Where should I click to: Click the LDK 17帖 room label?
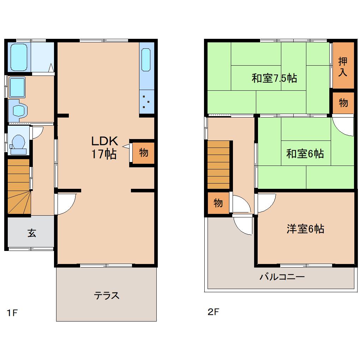point(104,148)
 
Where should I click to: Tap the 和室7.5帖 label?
point(274,78)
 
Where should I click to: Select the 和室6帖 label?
point(305,154)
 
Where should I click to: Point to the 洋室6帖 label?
point(305,229)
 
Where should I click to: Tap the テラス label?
point(106,295)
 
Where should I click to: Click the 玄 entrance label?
point(32,233)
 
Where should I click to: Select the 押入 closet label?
point(343,66)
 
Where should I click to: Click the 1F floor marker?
point(12,313)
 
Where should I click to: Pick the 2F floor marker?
point(214,312)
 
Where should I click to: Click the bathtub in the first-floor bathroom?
point(19,57)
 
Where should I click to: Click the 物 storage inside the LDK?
point(143,153)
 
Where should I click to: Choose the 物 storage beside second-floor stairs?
point(218,203)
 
